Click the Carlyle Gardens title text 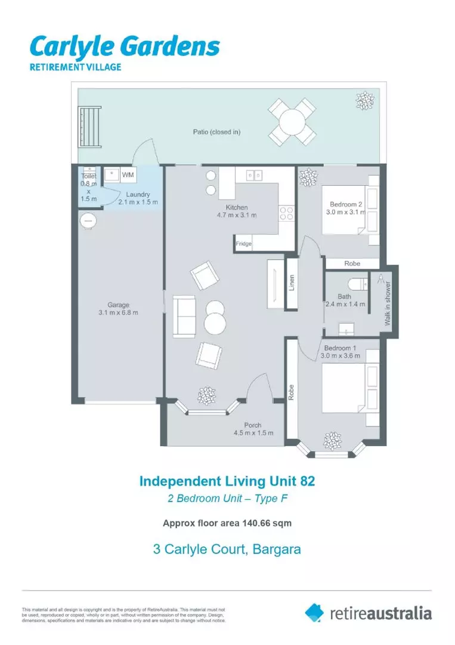point(125,47)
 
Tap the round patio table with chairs point(292,122)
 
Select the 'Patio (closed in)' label point(216,132)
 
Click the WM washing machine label point(128,175)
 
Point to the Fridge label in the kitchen point(243,244)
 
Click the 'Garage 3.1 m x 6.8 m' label point(119,309)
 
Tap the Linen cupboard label point(292,283)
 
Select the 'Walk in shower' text point(388,303)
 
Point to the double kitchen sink point(255,175)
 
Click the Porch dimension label point(253,429)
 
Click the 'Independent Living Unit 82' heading point(227,481)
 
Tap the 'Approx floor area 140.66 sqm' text point(227,523)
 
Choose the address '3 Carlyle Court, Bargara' point(227,549)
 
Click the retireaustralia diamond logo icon point(314,612)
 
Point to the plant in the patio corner point(364,100)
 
